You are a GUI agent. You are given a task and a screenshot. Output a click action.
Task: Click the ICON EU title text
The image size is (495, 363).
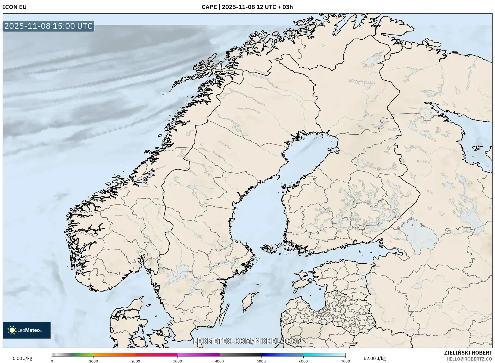coord(15,7)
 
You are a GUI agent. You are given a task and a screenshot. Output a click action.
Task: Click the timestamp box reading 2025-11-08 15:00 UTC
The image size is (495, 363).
coord(48,26)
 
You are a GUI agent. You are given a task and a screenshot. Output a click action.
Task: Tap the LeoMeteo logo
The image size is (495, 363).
coord(27,330)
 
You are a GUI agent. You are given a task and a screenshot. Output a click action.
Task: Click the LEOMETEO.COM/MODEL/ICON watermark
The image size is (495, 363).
coord(247,341)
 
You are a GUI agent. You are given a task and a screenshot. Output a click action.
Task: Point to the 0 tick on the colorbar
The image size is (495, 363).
coord(52,361)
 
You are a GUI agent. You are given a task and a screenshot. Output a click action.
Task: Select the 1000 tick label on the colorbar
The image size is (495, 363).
coord(94,361)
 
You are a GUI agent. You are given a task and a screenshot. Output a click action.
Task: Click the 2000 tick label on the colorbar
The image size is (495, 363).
coord(136,361)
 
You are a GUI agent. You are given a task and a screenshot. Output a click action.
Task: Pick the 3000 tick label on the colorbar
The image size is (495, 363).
coord(178,361)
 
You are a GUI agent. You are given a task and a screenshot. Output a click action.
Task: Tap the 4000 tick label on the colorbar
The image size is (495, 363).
coord(219,361)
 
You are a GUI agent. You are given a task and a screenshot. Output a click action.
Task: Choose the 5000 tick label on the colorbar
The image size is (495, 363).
coord(261,361)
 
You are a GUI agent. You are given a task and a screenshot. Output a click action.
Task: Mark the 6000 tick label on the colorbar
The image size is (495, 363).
coord(303,361)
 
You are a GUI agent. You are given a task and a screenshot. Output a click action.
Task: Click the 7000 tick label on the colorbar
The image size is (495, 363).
coord(345,361)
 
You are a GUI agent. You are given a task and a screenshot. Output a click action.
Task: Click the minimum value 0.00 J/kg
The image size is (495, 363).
coord(22,358)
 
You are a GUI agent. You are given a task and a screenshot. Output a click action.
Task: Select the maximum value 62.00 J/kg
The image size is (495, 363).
coord(375,358)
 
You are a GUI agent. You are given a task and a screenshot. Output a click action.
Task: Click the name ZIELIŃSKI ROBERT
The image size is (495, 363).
coord(468,353)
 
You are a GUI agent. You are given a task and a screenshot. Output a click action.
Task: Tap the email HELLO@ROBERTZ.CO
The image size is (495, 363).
coord(469,359)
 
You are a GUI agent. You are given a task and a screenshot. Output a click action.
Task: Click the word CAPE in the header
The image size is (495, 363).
coord(209,7)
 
